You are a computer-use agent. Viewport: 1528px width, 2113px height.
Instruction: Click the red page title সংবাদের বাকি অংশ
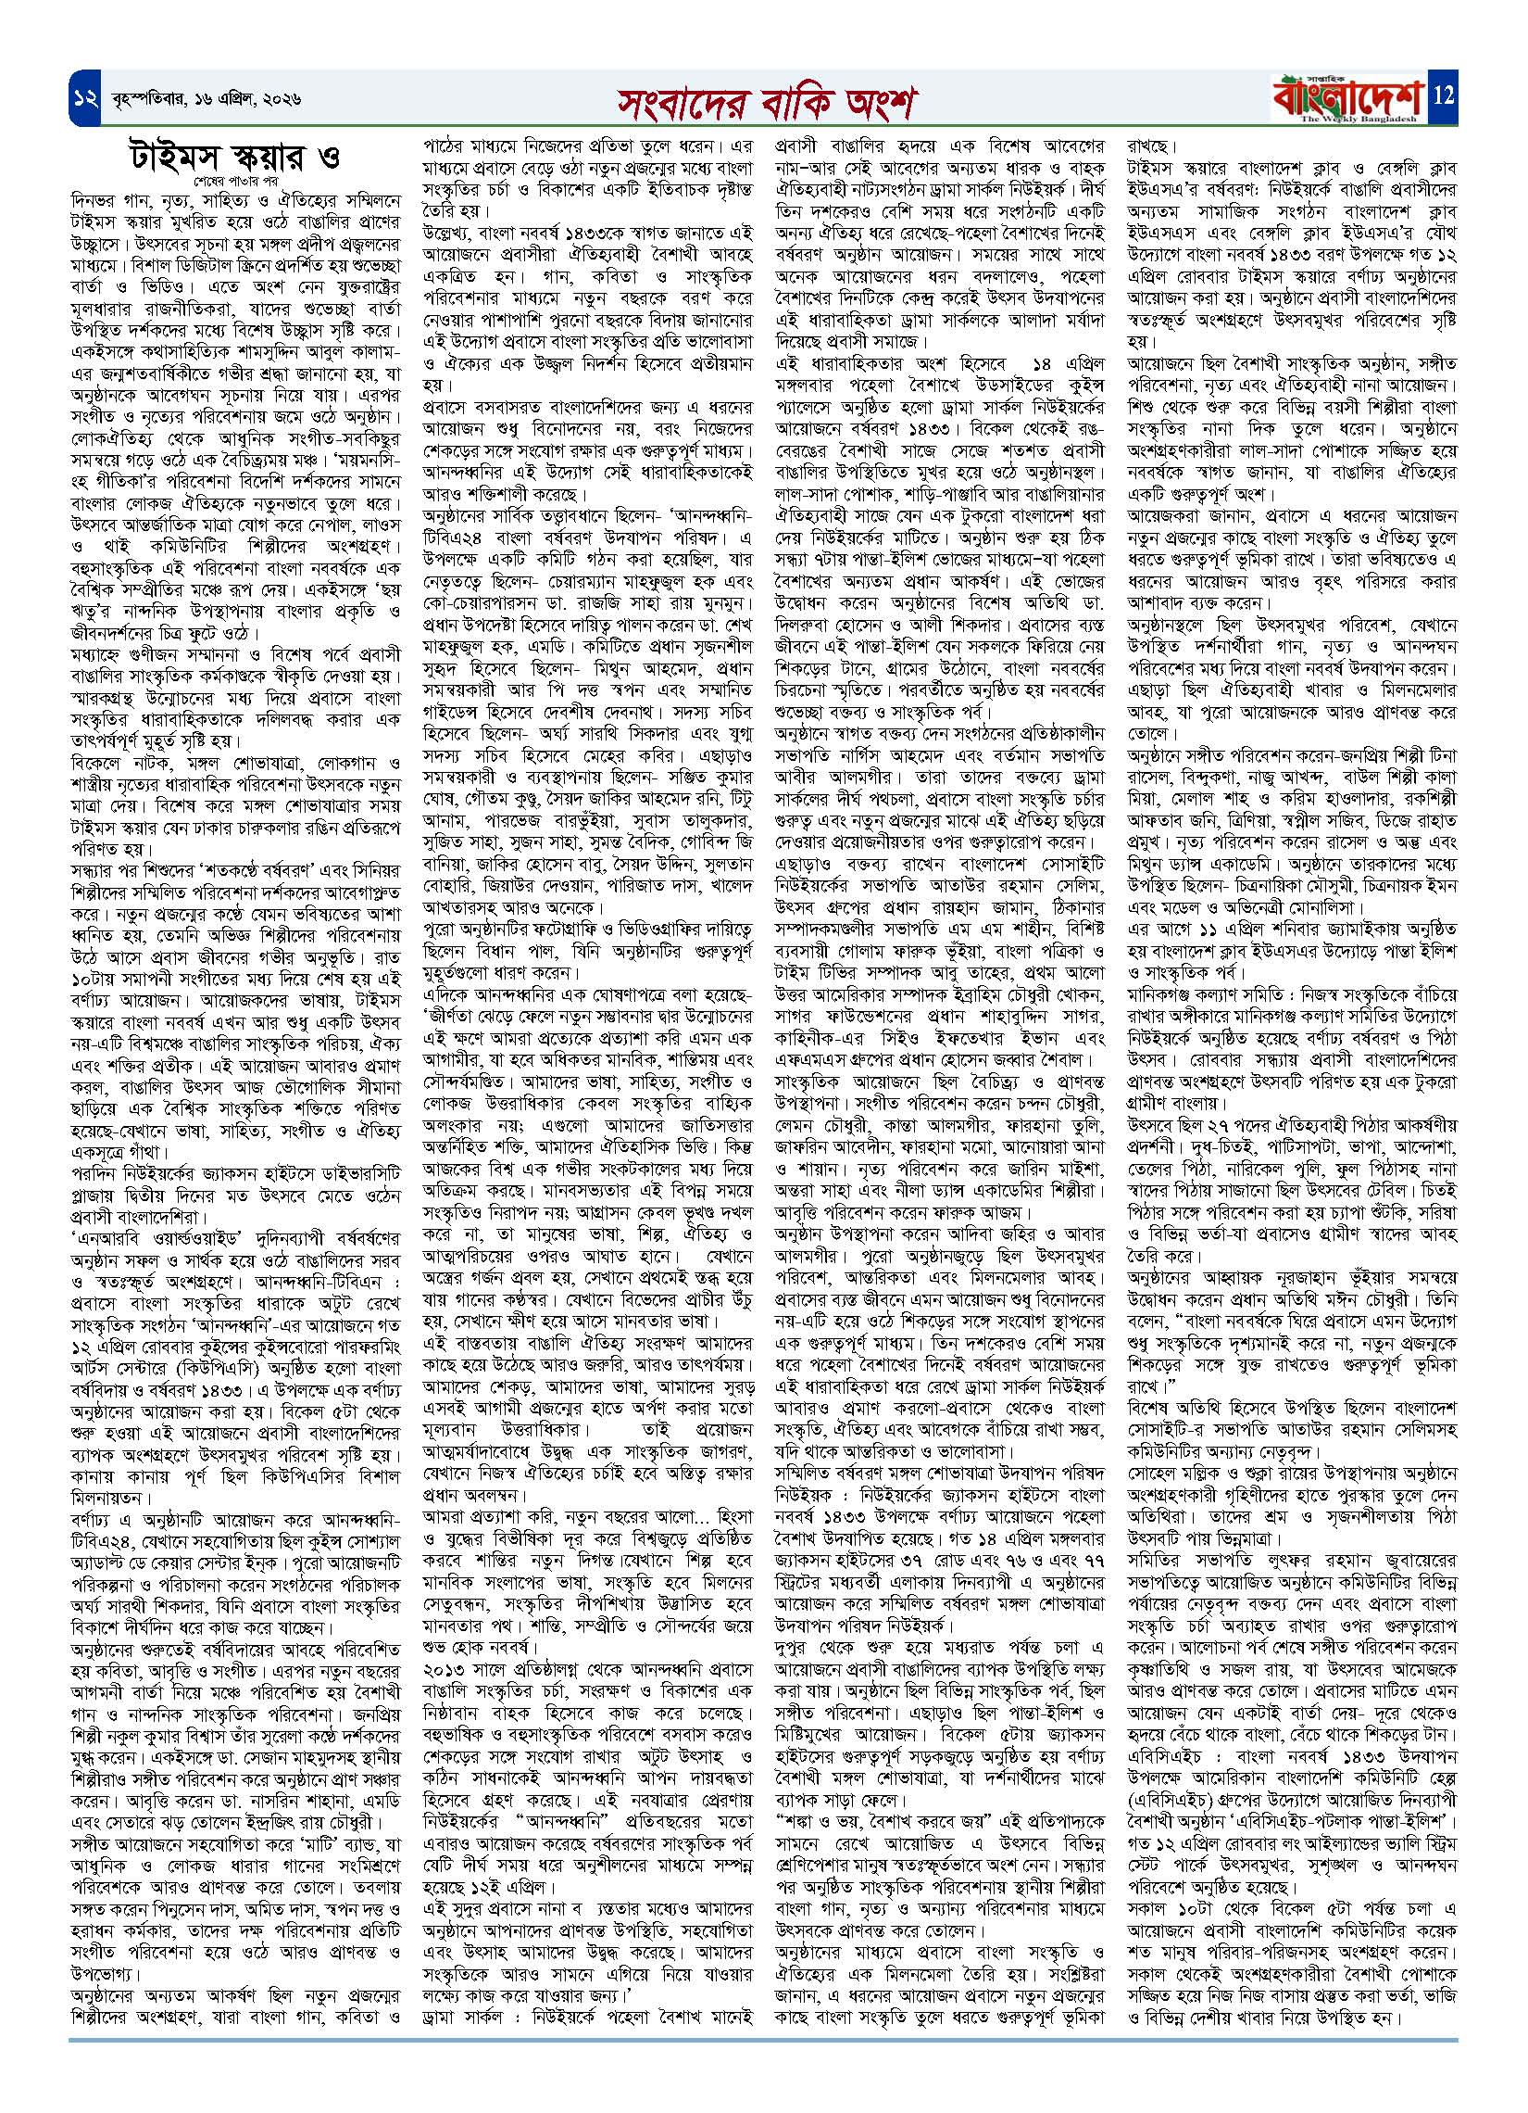click(x=763, y=101)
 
